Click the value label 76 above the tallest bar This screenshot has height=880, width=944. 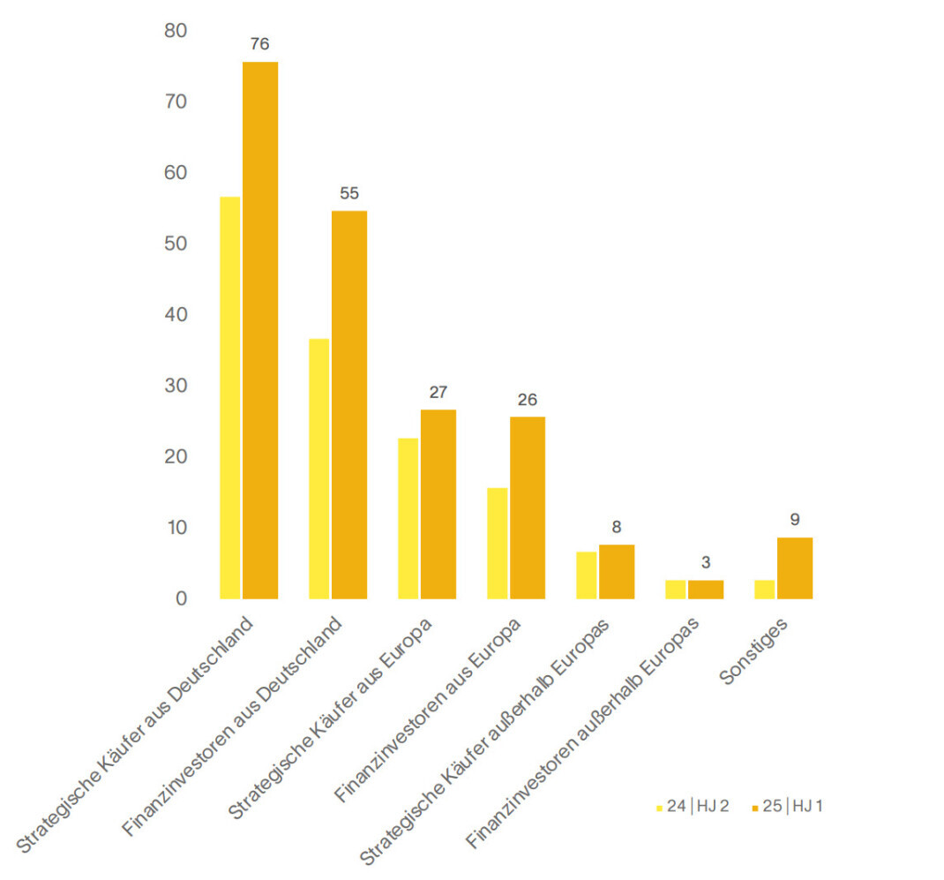point(259,44)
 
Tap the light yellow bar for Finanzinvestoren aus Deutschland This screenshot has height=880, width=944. point(318,469)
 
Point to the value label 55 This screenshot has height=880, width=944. point(349,193)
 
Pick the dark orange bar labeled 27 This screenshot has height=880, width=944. point(438,504)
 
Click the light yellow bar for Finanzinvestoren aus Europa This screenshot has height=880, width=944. point(498,543)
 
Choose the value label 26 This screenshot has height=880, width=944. point(528,399)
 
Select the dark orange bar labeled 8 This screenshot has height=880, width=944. point(617,571)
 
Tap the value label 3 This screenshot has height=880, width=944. point(706,562)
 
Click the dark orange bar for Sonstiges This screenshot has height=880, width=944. point(795,568)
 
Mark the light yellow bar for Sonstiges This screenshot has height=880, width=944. point(765,589)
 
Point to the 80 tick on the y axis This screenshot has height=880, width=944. point(176,31)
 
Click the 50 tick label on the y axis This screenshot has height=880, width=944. point(176,244)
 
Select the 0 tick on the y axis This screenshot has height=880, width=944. point(181,598)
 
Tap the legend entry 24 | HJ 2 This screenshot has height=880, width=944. point(693,806)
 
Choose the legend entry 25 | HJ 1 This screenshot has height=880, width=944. point(788,806)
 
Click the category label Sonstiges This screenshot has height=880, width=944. point(753,652)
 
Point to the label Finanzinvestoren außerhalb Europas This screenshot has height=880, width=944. point(582,733)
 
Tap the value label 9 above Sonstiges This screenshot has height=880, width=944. point(795,520)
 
